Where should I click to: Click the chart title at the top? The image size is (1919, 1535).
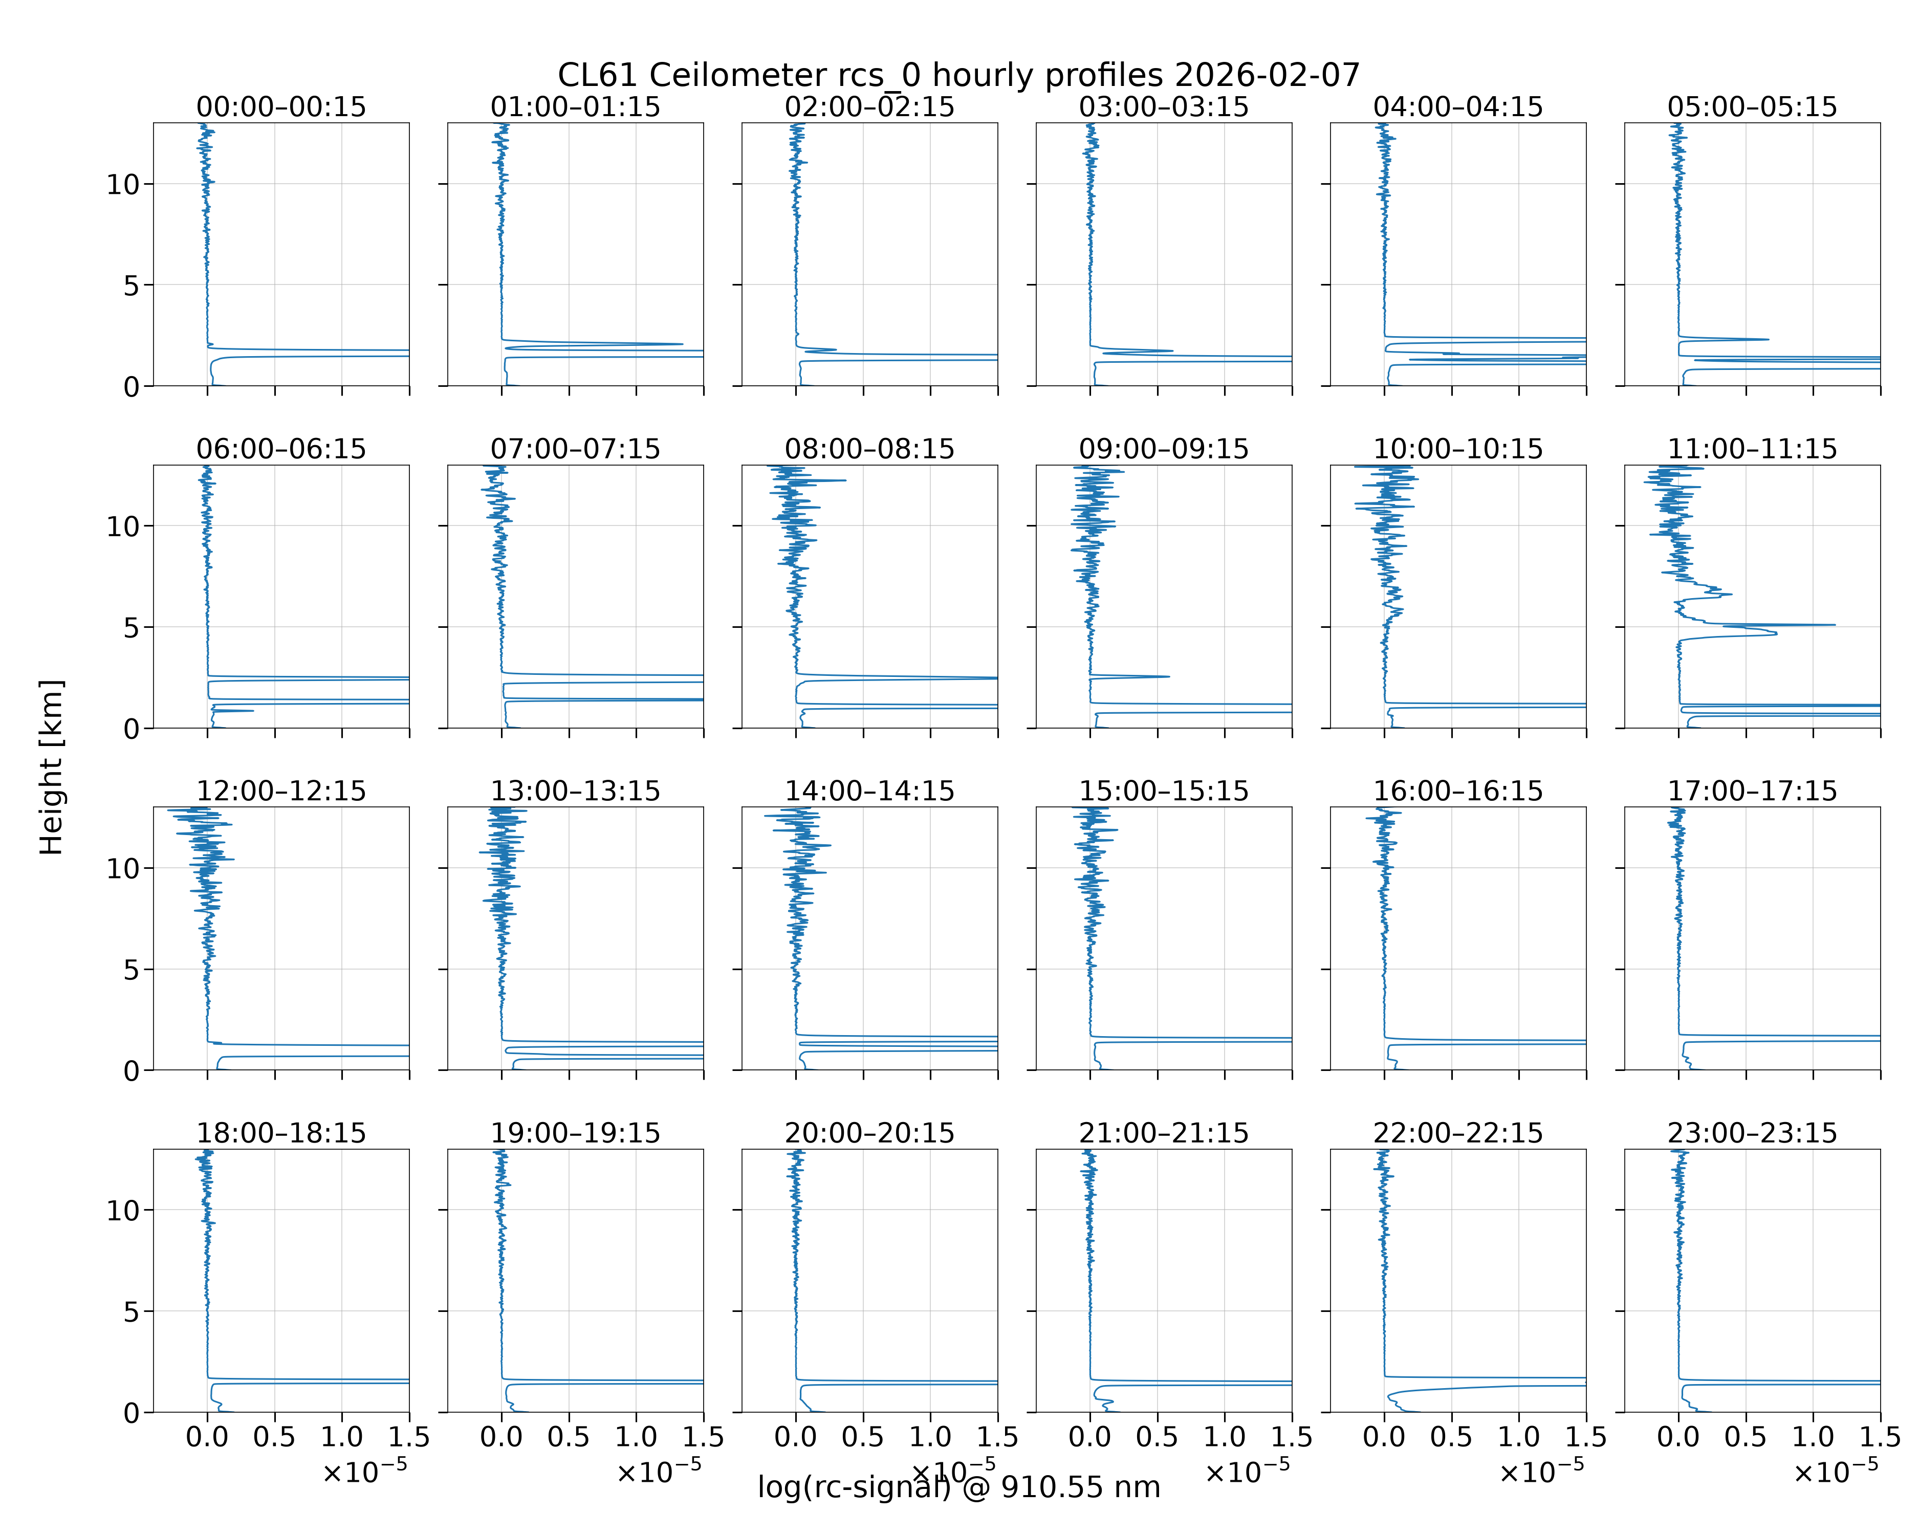point(958,76)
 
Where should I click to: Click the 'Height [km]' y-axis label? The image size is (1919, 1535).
point(52,767)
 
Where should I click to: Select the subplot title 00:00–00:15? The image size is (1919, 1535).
point(281,107)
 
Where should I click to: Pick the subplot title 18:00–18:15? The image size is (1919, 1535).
point(281,1133)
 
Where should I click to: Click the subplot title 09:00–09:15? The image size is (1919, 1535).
point(1164,449)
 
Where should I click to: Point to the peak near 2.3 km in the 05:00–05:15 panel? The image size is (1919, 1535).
point(1768,339)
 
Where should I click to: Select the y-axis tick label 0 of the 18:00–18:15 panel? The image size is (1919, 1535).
point(132,1413)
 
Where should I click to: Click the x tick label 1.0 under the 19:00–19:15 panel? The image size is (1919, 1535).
point(637,1437)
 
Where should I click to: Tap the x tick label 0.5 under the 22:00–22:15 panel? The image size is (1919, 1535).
point(1452,1437)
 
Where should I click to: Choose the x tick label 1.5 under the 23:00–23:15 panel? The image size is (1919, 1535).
point(1880,1437)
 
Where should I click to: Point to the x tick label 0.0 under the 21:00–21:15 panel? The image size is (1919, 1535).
point(1091,1437)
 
